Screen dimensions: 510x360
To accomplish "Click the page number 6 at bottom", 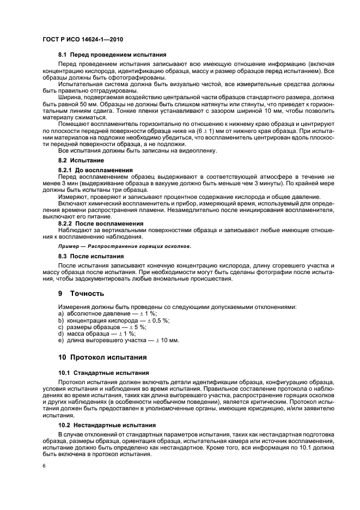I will point(44,466).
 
